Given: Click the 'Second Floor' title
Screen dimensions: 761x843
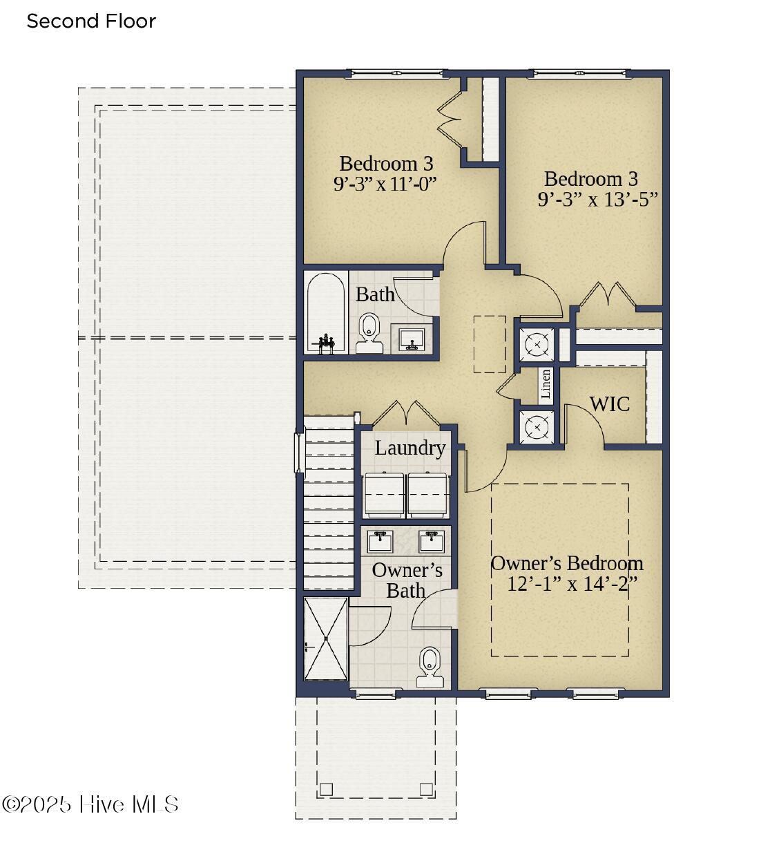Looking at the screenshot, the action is pyautogui.click(x=91, y=21).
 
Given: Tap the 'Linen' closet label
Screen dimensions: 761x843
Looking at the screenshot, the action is pyautogui.click(x=545, y=383).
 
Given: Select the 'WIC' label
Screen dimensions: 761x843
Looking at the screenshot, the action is pyautogui.click(x=610, y=404).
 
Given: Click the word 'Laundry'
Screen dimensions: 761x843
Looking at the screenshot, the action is pyautogui.click(x=410, y=448).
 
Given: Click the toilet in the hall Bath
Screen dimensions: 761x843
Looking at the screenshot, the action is pyautogui.click(x=369, y=333).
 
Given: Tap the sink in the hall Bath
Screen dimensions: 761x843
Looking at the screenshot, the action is pyautogui.click(x=412, y=339).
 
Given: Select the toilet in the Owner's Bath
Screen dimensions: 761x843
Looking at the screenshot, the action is pyautogui.click(x=430, y=667).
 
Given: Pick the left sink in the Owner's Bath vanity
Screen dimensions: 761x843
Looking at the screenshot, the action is pyautogui.click(x=380, y=541).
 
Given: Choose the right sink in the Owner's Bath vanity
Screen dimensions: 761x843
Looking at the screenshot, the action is pyautogui.click(x=432, y=541).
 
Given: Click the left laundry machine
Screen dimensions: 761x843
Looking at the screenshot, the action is pyautogui.click(x=384, y=495).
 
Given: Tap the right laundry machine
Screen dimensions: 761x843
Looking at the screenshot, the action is pyautogui.click(x=428, y=495).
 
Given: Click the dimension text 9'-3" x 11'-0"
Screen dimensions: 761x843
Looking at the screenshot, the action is pyautogui.click(x=385, y=184).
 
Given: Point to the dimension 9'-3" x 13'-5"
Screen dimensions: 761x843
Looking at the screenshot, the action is pyautogui.click(x=597, y=200).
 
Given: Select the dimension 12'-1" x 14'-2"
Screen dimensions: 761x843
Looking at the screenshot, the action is pyautogui.click(x=572, y=584).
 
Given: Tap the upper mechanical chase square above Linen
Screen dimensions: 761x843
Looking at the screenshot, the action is pyautogui.click(x=537, y=345).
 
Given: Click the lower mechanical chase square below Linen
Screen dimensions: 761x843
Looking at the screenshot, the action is pyautogui.click(x=537, y=428).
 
